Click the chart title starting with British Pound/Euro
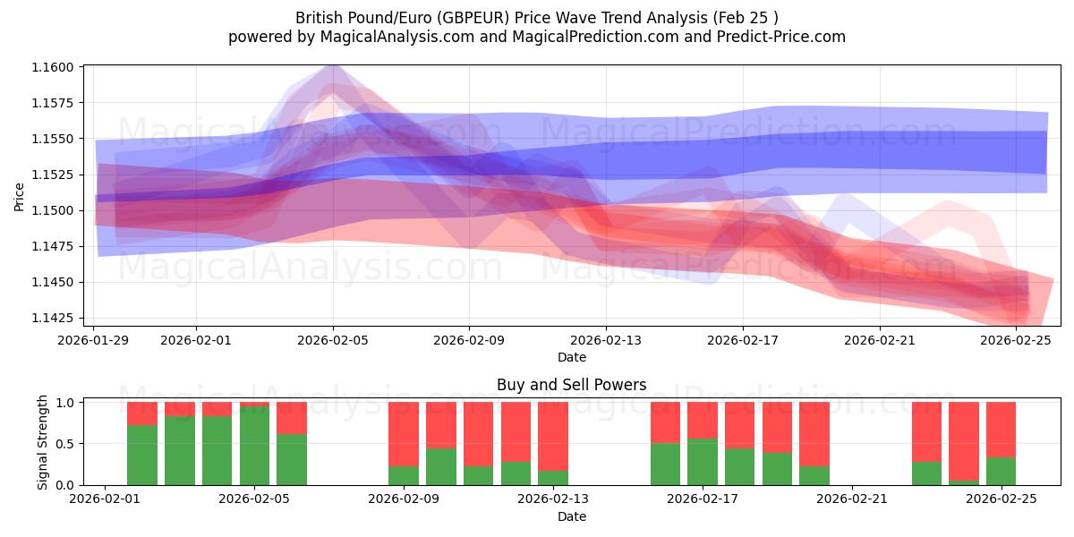point(537,17)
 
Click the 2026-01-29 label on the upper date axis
point(94,340)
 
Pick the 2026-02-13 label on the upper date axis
point(606,340)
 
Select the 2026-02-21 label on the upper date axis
point(879,340)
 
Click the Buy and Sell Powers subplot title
point(571,386)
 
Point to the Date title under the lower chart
point(571,516)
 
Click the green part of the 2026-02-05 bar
point(254,446)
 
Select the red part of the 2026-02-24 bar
point(964,440)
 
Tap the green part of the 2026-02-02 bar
point(142,455)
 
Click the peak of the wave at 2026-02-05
point(333,66)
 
